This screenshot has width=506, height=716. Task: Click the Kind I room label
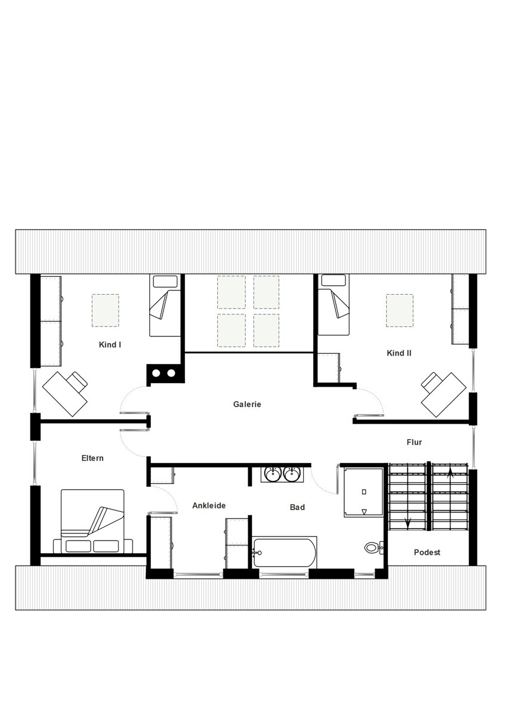110,345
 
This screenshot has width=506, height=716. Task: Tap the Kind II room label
399,353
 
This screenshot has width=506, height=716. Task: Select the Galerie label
247,404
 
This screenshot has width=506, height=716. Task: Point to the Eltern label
92,458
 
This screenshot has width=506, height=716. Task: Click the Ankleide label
209,505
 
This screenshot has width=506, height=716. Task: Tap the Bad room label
297,507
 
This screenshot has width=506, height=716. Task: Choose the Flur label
414,442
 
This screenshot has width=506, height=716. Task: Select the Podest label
427,552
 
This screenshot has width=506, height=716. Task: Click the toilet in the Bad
374,548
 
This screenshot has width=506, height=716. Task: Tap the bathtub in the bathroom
285,553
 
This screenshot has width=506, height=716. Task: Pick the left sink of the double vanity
273,474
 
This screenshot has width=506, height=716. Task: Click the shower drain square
364,492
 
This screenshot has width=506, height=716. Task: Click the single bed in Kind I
165,305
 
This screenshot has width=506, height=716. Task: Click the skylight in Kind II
399,310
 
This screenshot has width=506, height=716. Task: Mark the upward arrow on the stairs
450,473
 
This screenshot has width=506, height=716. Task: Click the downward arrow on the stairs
408,522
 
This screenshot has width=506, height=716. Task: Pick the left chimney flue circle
156,373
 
